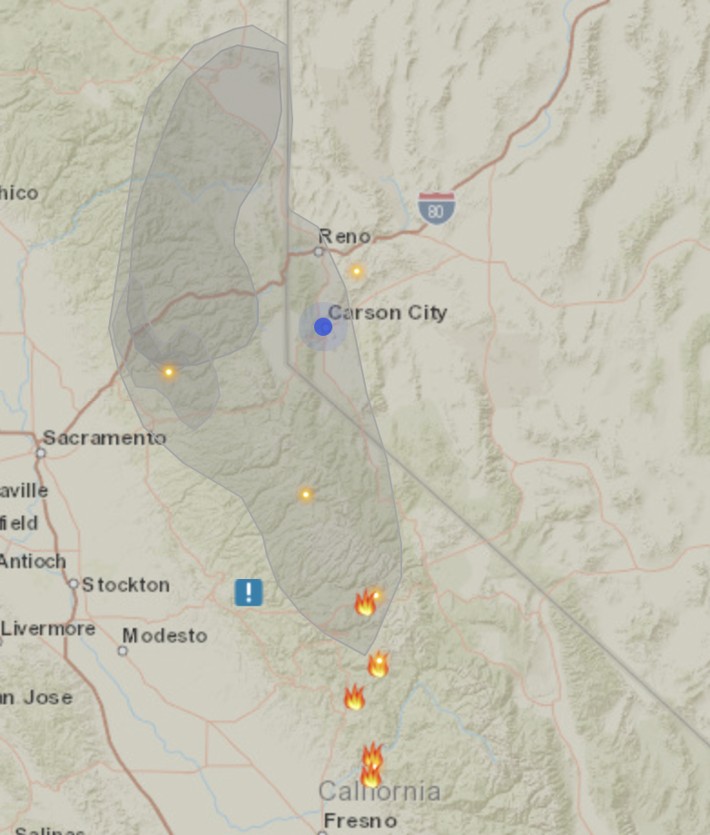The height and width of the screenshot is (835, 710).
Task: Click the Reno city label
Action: click(x=344, y=236)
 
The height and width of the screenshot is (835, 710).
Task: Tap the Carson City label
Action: click(x=388, y=313)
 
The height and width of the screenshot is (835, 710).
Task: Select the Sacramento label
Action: click(x=104, y=437)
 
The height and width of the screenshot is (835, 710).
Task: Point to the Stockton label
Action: click(x=125, y=585)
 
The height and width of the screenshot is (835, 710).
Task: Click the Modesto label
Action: click(x=164, y=635)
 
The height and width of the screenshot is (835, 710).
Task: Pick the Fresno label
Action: click(x=360, y=820)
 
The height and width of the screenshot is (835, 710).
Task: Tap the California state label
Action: click(x=380, y=791)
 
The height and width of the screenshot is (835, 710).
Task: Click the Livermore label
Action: click(x=48, y=628)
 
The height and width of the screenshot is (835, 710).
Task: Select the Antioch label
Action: click(x=33, y=561)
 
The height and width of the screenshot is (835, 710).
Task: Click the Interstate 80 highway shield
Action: click(x=437, y=208)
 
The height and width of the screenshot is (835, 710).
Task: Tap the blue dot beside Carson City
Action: click(x=323, y=327)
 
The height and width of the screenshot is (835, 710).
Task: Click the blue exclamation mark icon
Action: click(x=248, y=593)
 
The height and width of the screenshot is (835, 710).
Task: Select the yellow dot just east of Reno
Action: click(x=357, y=270)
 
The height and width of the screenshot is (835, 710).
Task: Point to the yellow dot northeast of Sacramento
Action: click(x=168, y=371)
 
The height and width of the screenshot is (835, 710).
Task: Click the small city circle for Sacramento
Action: click(x=41, y=452)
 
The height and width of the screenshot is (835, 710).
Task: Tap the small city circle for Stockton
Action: click(x=74, y=584)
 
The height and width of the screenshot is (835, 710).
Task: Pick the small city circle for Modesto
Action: click(x=123, y=651)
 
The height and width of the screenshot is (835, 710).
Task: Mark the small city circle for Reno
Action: click(x=319, y=251)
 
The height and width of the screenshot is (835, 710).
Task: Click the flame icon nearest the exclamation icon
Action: click(x=365, y=603)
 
